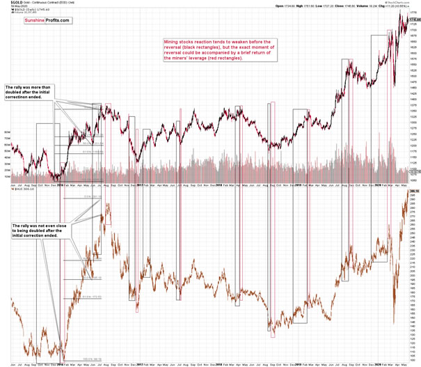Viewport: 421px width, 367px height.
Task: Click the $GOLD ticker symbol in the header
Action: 9,3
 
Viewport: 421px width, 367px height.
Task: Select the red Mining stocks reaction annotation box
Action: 222,50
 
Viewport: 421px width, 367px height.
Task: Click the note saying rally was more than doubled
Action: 31,91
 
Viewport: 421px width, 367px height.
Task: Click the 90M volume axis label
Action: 7,132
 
